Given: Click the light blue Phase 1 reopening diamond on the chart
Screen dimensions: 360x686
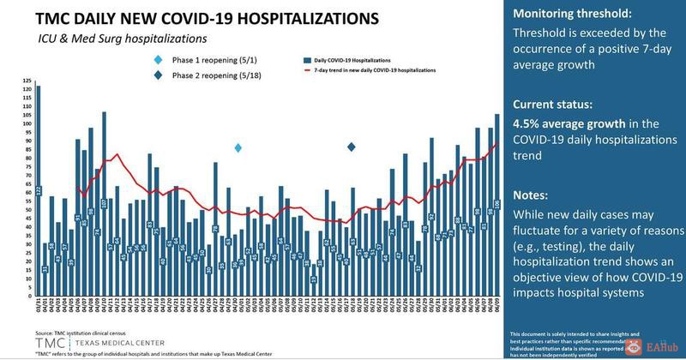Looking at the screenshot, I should [x=238, y=148].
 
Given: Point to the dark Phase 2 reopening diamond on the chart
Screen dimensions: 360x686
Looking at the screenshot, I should [x=352, y=148].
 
